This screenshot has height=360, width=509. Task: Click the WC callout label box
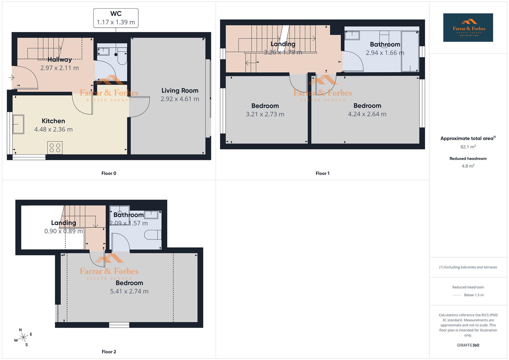click(116, 18)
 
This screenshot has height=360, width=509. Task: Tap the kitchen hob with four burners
click(55, 148)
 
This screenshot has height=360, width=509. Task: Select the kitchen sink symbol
click(18, 124)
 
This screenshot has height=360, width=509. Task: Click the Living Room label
click(180, 91)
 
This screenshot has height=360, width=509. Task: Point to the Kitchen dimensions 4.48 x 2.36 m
click(53, 129)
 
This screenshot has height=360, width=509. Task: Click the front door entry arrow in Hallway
click(11, 78)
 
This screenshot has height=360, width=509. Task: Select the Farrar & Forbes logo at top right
click(468, 28)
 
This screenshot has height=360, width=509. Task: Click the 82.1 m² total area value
click(468, 147)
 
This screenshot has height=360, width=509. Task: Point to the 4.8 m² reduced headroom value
click(468, 166)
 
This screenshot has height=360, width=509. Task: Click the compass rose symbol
click(23, 338)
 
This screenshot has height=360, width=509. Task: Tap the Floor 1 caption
click(322, 173)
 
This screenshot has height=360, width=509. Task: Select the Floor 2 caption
click(109, 352)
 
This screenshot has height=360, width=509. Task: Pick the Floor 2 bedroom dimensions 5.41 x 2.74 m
click(129, 291)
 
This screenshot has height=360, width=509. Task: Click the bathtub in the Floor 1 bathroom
click(410, 51)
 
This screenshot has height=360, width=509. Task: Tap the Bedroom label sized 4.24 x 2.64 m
click(367, 106)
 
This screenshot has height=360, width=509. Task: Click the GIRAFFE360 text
click(468, 345)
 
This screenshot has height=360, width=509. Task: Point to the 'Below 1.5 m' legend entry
click(473, 295)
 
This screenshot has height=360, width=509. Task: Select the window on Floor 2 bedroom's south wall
click(119, 325)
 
